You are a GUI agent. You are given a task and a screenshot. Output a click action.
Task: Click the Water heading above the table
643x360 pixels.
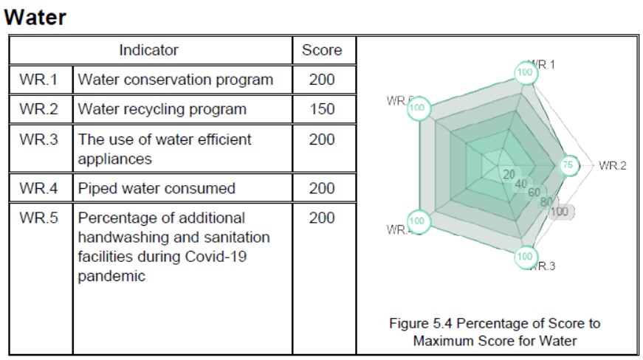pyautogui.click(x=35, y=18)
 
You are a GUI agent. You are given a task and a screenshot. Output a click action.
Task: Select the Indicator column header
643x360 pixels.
pyautogui.click(x=148, y=50)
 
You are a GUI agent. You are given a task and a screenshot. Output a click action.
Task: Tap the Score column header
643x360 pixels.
pyautogui.click(x=322, y=50)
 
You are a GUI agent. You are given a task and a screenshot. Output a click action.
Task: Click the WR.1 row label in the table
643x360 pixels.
pyautogui.click(x=39, y=79)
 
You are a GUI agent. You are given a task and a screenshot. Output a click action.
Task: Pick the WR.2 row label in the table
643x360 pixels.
pyautogui.click(x=39, y=109)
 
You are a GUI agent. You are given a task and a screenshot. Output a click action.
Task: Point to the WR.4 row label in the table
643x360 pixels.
pyautogui.click(x=39, y=188)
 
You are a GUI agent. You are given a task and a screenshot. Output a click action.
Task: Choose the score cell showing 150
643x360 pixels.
pyautogui.click(x=322, y=109)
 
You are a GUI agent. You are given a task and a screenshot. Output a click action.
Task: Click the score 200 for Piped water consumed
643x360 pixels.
pyautogui.click(x=322, y=188)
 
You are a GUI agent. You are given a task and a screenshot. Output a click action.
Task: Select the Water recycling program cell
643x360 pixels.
pyautogui.click(x=162, y=109)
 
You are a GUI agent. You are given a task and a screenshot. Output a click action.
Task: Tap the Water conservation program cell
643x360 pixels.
pyautogui.click(x=176, y=79)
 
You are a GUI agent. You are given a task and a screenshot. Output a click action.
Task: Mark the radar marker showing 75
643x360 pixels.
pyautogui.click(x=568, y=165)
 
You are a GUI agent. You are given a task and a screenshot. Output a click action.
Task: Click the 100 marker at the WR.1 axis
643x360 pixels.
pyautogui.click(x=524, y=72)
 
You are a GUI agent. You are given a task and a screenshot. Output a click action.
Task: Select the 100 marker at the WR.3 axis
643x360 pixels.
pyautogui.click(x=524, y=257)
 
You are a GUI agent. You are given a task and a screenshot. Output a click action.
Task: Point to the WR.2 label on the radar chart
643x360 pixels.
pyautogui.click(x=612, y=165)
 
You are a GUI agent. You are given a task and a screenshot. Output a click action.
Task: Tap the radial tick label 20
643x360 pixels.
pyautogui.click(x=509, y=175)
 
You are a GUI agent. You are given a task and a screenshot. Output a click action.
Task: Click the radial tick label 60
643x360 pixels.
pyautogui.click(x=534, y=193)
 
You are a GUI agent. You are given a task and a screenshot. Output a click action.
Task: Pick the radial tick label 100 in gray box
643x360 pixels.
pyautogui.click(x=560, y=211)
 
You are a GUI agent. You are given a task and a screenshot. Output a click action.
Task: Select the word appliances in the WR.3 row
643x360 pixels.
pyautogui.click(x=114, y=159)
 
